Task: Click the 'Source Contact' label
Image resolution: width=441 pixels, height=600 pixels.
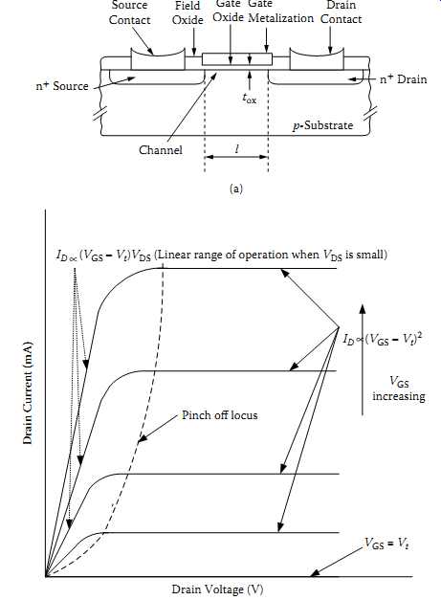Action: (x=130, y=12)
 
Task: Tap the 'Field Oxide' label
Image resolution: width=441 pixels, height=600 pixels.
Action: (x=187, y=12)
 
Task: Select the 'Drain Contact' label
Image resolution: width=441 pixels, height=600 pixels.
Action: (x=341, y=12)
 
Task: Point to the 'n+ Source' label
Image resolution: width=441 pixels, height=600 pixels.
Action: (x=62, y=86)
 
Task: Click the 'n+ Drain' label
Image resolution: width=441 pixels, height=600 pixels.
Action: (x=403, y=79)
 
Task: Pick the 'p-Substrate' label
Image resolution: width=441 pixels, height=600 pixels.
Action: (x=322, y=125)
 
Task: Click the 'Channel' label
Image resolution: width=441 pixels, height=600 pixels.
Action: (x=161, y=149)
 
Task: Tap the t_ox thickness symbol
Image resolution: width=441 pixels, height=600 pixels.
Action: (x=249, y=99)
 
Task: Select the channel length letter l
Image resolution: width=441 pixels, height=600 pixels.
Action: (x=237, y=148)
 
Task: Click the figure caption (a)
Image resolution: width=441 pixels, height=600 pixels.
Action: (x=235, y=189)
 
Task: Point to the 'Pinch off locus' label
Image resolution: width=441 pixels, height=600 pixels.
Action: (x=220, y=415)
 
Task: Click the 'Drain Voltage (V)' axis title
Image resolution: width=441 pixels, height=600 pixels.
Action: (x=217, y=589)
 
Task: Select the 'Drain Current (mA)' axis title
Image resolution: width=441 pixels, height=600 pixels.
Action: (x=28, y=392)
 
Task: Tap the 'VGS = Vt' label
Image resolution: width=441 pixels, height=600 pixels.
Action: (x=386, y=544)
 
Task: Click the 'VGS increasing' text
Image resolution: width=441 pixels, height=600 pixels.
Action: (x=399, y=389)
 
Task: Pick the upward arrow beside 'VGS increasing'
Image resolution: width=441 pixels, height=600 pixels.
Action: (x=363, y=359)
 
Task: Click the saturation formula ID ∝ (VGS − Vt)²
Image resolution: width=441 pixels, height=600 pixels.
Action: (x=382, y=339)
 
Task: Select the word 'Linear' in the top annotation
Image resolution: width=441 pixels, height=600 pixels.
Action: (x=173, y=255)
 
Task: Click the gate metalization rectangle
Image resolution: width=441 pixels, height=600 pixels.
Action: (x=237, y=59)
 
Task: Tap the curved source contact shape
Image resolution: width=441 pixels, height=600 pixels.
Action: (x=158, y=58)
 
